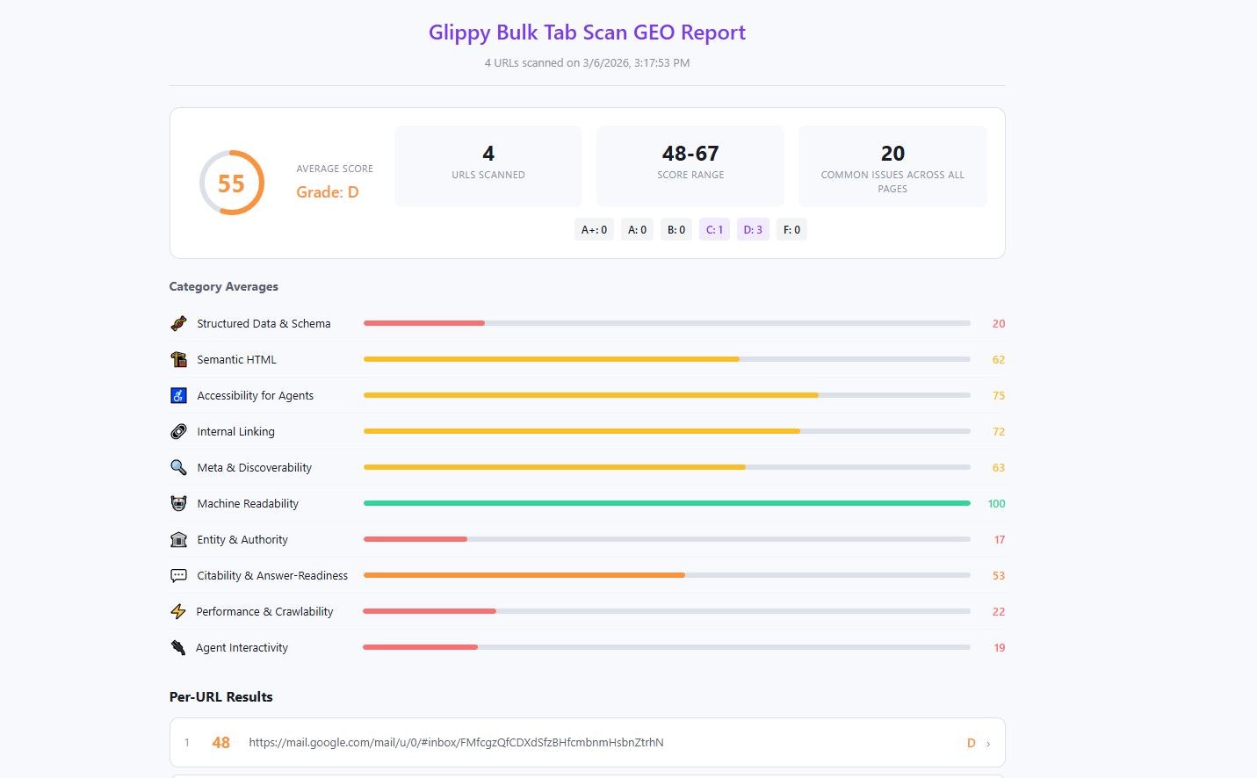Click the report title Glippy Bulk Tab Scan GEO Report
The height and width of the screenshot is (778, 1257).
click(x=587, y=32)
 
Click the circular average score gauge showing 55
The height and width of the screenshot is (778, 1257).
click(x=232, y=183)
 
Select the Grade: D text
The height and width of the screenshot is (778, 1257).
click(x=327, y=192)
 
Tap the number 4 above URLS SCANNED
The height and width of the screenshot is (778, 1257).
click(x=488, y=154)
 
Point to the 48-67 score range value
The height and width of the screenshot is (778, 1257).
click(x=690, y=154)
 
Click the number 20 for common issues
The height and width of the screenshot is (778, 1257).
click(x=892, y=154)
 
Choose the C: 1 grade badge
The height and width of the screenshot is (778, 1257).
click(x=714, y=230)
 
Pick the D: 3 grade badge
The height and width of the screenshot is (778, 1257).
click(x=753, y=230)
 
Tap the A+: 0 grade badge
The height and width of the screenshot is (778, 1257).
click(x=594, y=230)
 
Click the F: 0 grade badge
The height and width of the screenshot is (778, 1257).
click(x=791, y=230)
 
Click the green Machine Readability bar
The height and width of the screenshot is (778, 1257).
click(x=666, y=503)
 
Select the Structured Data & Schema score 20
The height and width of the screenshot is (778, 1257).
click(x=998, y=324)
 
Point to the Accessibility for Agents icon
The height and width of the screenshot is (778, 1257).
click(x=178, y=396)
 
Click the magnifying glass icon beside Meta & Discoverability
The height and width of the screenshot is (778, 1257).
click(x=178, y=468)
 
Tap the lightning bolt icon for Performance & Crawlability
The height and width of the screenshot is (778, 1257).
click(x=178, y=612)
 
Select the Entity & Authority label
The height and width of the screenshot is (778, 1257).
click(x=242, y=540)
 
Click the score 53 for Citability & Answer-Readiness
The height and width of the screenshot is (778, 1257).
click(x=998, y=576)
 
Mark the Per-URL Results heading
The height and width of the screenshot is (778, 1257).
click(x=221, y=697)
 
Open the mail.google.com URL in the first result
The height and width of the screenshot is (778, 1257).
click(x=456, y=743)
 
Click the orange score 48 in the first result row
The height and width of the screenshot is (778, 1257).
click(x=220, y=743)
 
